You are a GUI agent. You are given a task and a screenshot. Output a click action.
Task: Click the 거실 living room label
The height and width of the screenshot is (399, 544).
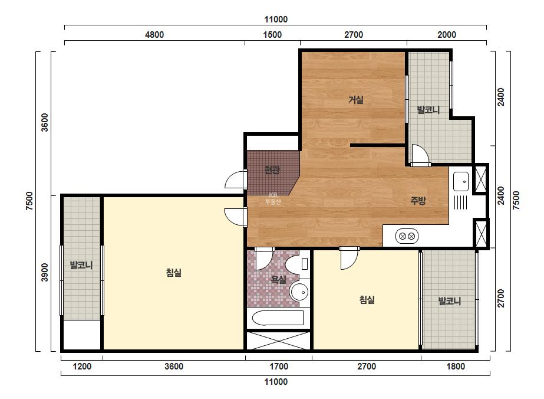[356, 100]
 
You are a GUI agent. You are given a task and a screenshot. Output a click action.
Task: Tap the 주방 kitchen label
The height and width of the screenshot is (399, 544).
[418, 201]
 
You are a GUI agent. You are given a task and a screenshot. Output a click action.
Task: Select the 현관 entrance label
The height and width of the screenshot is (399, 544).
[272, 170]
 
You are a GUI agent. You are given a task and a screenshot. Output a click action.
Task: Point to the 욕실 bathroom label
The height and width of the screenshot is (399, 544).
[278, 279]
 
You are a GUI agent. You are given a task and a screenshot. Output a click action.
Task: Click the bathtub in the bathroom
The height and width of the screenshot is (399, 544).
[278, 318]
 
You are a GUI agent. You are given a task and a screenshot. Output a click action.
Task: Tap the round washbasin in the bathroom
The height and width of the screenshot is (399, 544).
[299, 292]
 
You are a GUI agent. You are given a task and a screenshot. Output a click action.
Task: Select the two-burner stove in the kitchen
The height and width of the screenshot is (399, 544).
[407, 236]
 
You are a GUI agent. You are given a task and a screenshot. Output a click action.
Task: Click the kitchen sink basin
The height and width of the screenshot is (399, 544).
[461, 181]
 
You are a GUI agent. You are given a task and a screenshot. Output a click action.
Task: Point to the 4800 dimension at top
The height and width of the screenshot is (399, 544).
[154, 35]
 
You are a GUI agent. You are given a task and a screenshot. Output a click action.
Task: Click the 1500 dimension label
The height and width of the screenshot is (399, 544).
[272, 35]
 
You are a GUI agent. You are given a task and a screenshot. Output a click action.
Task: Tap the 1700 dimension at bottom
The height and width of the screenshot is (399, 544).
[279, 367]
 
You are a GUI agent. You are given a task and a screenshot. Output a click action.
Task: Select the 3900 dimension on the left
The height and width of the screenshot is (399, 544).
[45, 273]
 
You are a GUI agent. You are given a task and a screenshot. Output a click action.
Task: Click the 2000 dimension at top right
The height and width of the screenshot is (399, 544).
[447, 35]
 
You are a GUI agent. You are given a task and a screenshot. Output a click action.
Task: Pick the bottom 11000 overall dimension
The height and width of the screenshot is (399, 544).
[276, 382]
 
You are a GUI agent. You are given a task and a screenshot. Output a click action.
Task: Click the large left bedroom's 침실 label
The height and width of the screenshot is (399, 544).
[173, 273]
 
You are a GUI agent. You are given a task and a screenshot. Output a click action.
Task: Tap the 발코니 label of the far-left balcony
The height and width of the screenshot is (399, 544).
[81, 266]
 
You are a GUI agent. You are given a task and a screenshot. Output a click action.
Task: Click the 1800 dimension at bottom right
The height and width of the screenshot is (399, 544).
[456, 367]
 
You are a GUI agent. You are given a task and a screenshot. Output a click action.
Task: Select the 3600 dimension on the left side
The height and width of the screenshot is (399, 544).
[45, 122]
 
